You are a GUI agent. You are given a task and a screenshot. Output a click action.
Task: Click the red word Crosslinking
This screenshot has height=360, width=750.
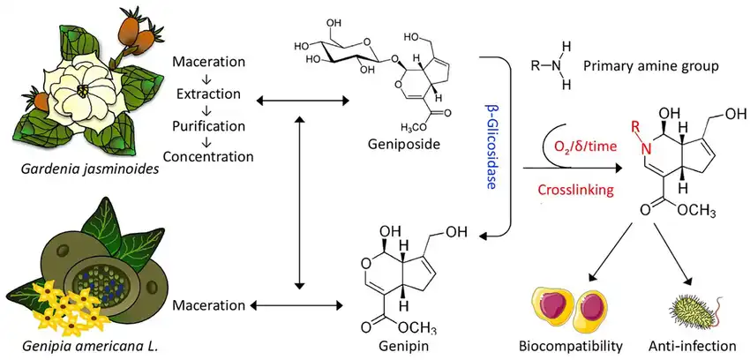point(573,189)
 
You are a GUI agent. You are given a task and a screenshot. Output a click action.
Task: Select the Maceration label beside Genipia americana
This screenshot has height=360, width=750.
point(208,305)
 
